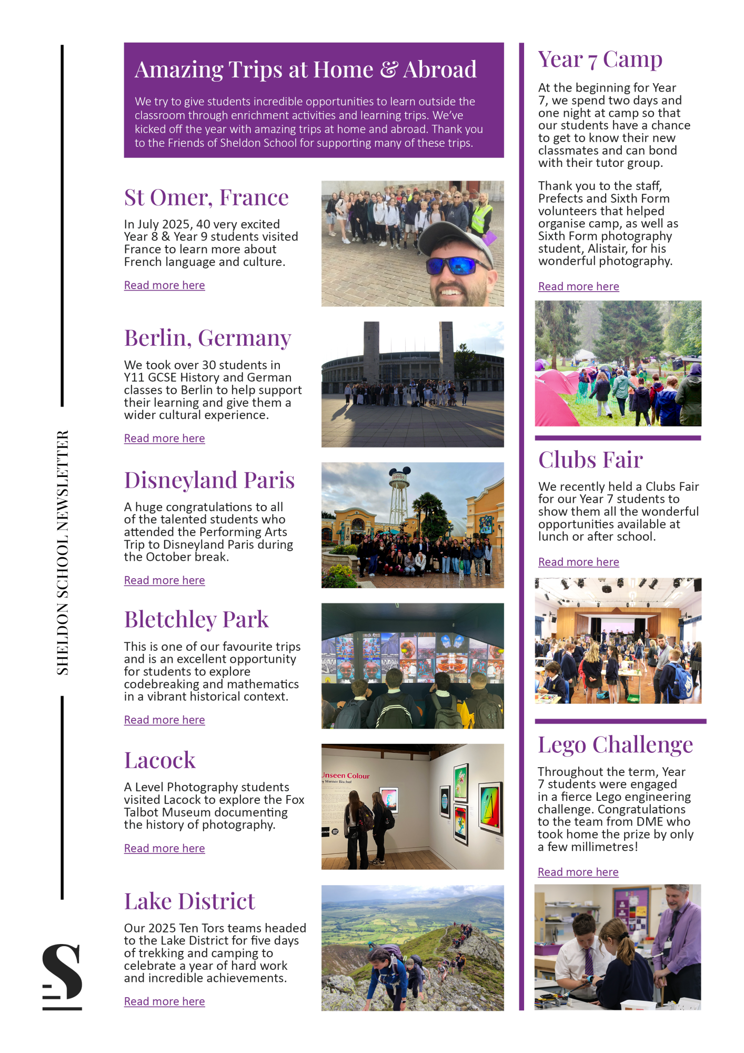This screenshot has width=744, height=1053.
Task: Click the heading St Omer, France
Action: pos(206,198)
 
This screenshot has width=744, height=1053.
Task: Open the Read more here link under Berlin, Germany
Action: pos(164,439)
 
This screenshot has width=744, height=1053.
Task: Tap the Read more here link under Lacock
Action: pos(164,849)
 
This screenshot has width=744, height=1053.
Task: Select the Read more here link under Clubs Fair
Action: pos(578,562)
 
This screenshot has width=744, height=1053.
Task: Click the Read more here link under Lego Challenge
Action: pos(578,872)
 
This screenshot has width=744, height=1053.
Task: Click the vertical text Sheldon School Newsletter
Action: pos(63,552)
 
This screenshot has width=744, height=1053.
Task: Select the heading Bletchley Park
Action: pos(196,620)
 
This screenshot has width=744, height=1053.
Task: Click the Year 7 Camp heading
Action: pos(600,59)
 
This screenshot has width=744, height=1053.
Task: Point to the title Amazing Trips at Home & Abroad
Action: pos(306,70)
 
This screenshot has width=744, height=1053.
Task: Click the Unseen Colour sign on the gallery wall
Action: pos(346,776)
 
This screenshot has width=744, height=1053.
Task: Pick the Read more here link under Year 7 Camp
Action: pos(578,287)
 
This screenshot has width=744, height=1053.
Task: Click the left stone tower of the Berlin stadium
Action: pos(371,345)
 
